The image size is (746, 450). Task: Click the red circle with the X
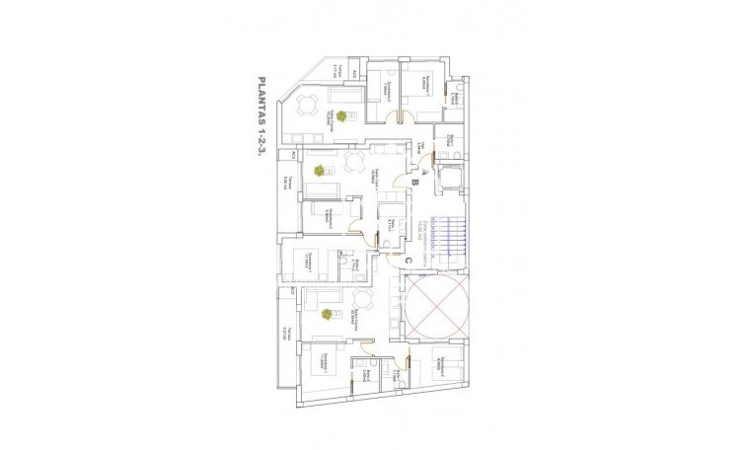(x=435, y=305)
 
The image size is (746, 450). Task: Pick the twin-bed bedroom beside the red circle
(x=445, y=367)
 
